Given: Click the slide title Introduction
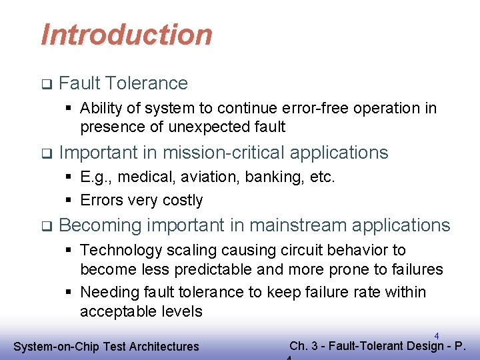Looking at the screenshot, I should tap(127, 35).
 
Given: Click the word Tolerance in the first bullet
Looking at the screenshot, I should tap(147, 83).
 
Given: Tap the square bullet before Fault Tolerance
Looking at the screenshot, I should tap(45, 84).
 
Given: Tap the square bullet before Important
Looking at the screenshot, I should tap(45, 153).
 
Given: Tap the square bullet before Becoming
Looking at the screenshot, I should tap(45, 227).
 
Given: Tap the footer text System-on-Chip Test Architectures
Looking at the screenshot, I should tap(107, 346).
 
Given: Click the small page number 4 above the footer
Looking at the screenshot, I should tap(436, 335).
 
